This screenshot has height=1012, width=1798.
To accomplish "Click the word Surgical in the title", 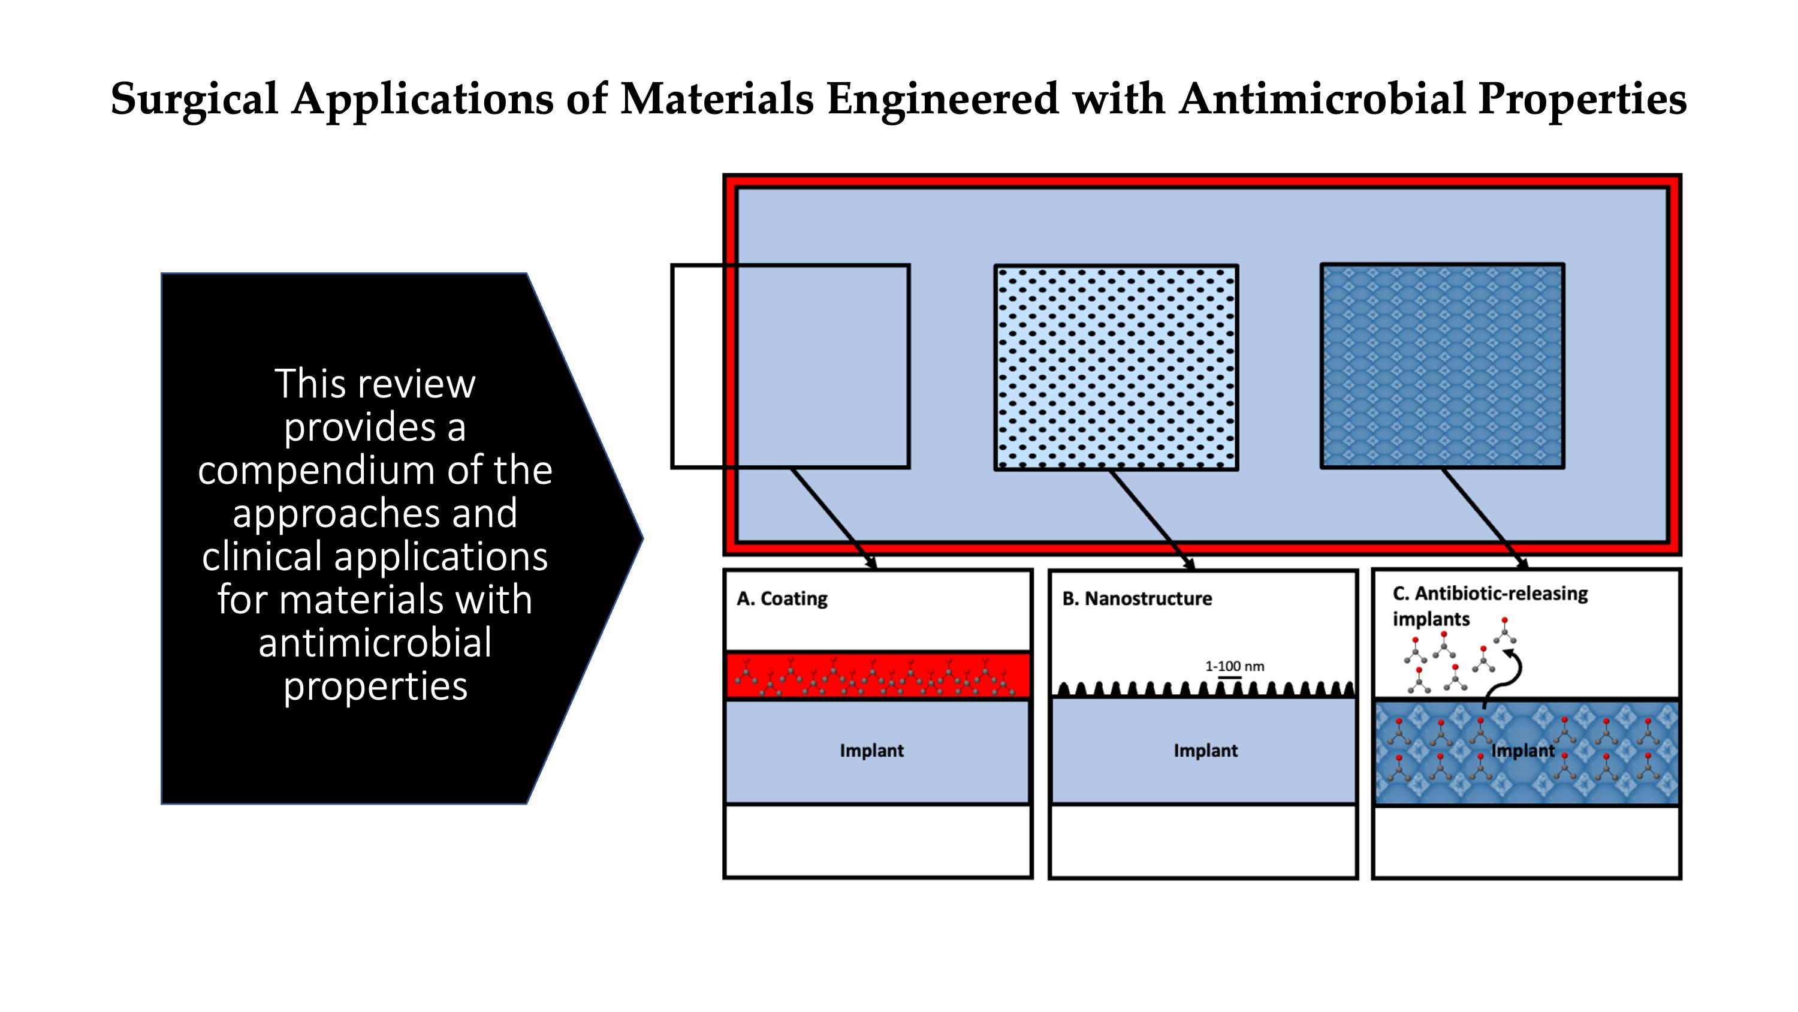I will coord(194,99).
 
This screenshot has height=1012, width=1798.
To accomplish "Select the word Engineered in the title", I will coord(943,99).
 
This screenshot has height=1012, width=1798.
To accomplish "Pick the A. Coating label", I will coord(782,598).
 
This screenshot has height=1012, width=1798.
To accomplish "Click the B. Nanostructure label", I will coord(1136,598).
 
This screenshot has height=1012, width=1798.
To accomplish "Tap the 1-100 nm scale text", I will coord(1234,666).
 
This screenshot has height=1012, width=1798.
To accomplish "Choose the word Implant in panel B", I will coord(1205,751).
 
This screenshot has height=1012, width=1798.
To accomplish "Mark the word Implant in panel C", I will coord(1522,751).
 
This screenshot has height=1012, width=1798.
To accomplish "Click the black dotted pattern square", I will coord(1115,368).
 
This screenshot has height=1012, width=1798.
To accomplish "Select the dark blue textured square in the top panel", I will coord(1442,366).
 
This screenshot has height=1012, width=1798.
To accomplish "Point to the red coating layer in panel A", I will coord(877,674).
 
